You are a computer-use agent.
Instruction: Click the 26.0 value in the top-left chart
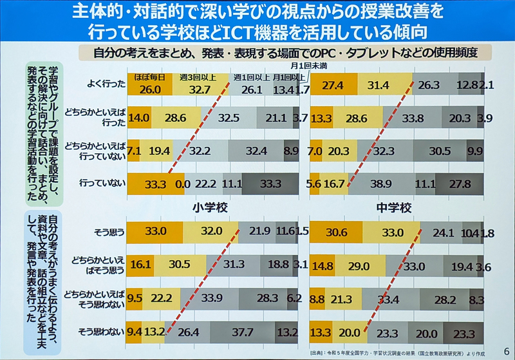149,89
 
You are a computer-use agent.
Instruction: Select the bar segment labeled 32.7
200,89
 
